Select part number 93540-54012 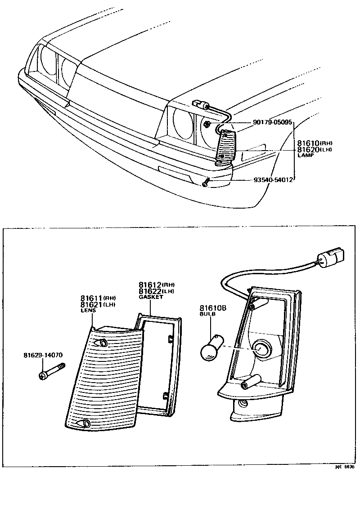coord(273,180)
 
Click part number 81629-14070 coord(43,355)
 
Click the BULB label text coord(207,315)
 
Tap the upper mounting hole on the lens coord(104,343)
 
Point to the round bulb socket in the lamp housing coord(261,348)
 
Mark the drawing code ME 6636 coord(344,467)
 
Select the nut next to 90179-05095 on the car coord(206,124)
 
